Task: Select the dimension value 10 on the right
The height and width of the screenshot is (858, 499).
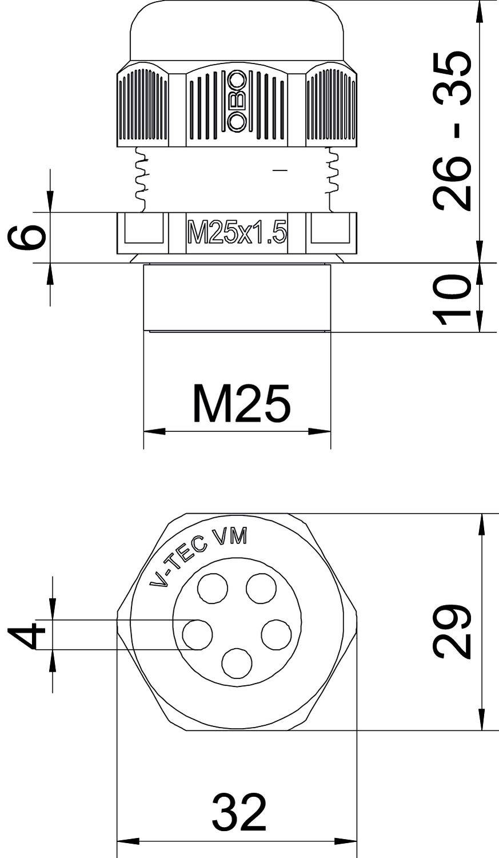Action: [x=452, y=299]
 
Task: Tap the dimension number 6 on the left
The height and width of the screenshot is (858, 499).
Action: [x=27, y=237]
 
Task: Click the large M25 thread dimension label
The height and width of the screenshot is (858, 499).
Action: [x=241, y=403]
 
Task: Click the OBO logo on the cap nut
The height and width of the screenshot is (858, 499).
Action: [x=237, y=101]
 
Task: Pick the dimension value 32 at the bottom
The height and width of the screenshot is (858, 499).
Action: [x=239, y=812]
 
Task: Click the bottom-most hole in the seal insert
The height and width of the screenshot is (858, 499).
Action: [x=237, y=664]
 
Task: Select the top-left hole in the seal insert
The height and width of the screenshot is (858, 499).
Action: [x=213, y=589]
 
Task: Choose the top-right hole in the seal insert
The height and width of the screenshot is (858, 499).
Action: [x=261, y=589]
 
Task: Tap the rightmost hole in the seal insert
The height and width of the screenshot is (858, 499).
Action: [x=277, y=634]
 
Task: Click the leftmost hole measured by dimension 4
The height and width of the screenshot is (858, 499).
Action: [x=197, y=634]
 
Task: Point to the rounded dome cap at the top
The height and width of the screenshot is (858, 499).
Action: [x=237, y=29]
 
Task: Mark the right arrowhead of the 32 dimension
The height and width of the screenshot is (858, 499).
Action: [x=346, y=841]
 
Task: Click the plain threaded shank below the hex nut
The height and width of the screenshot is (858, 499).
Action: [x=237, y=297]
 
